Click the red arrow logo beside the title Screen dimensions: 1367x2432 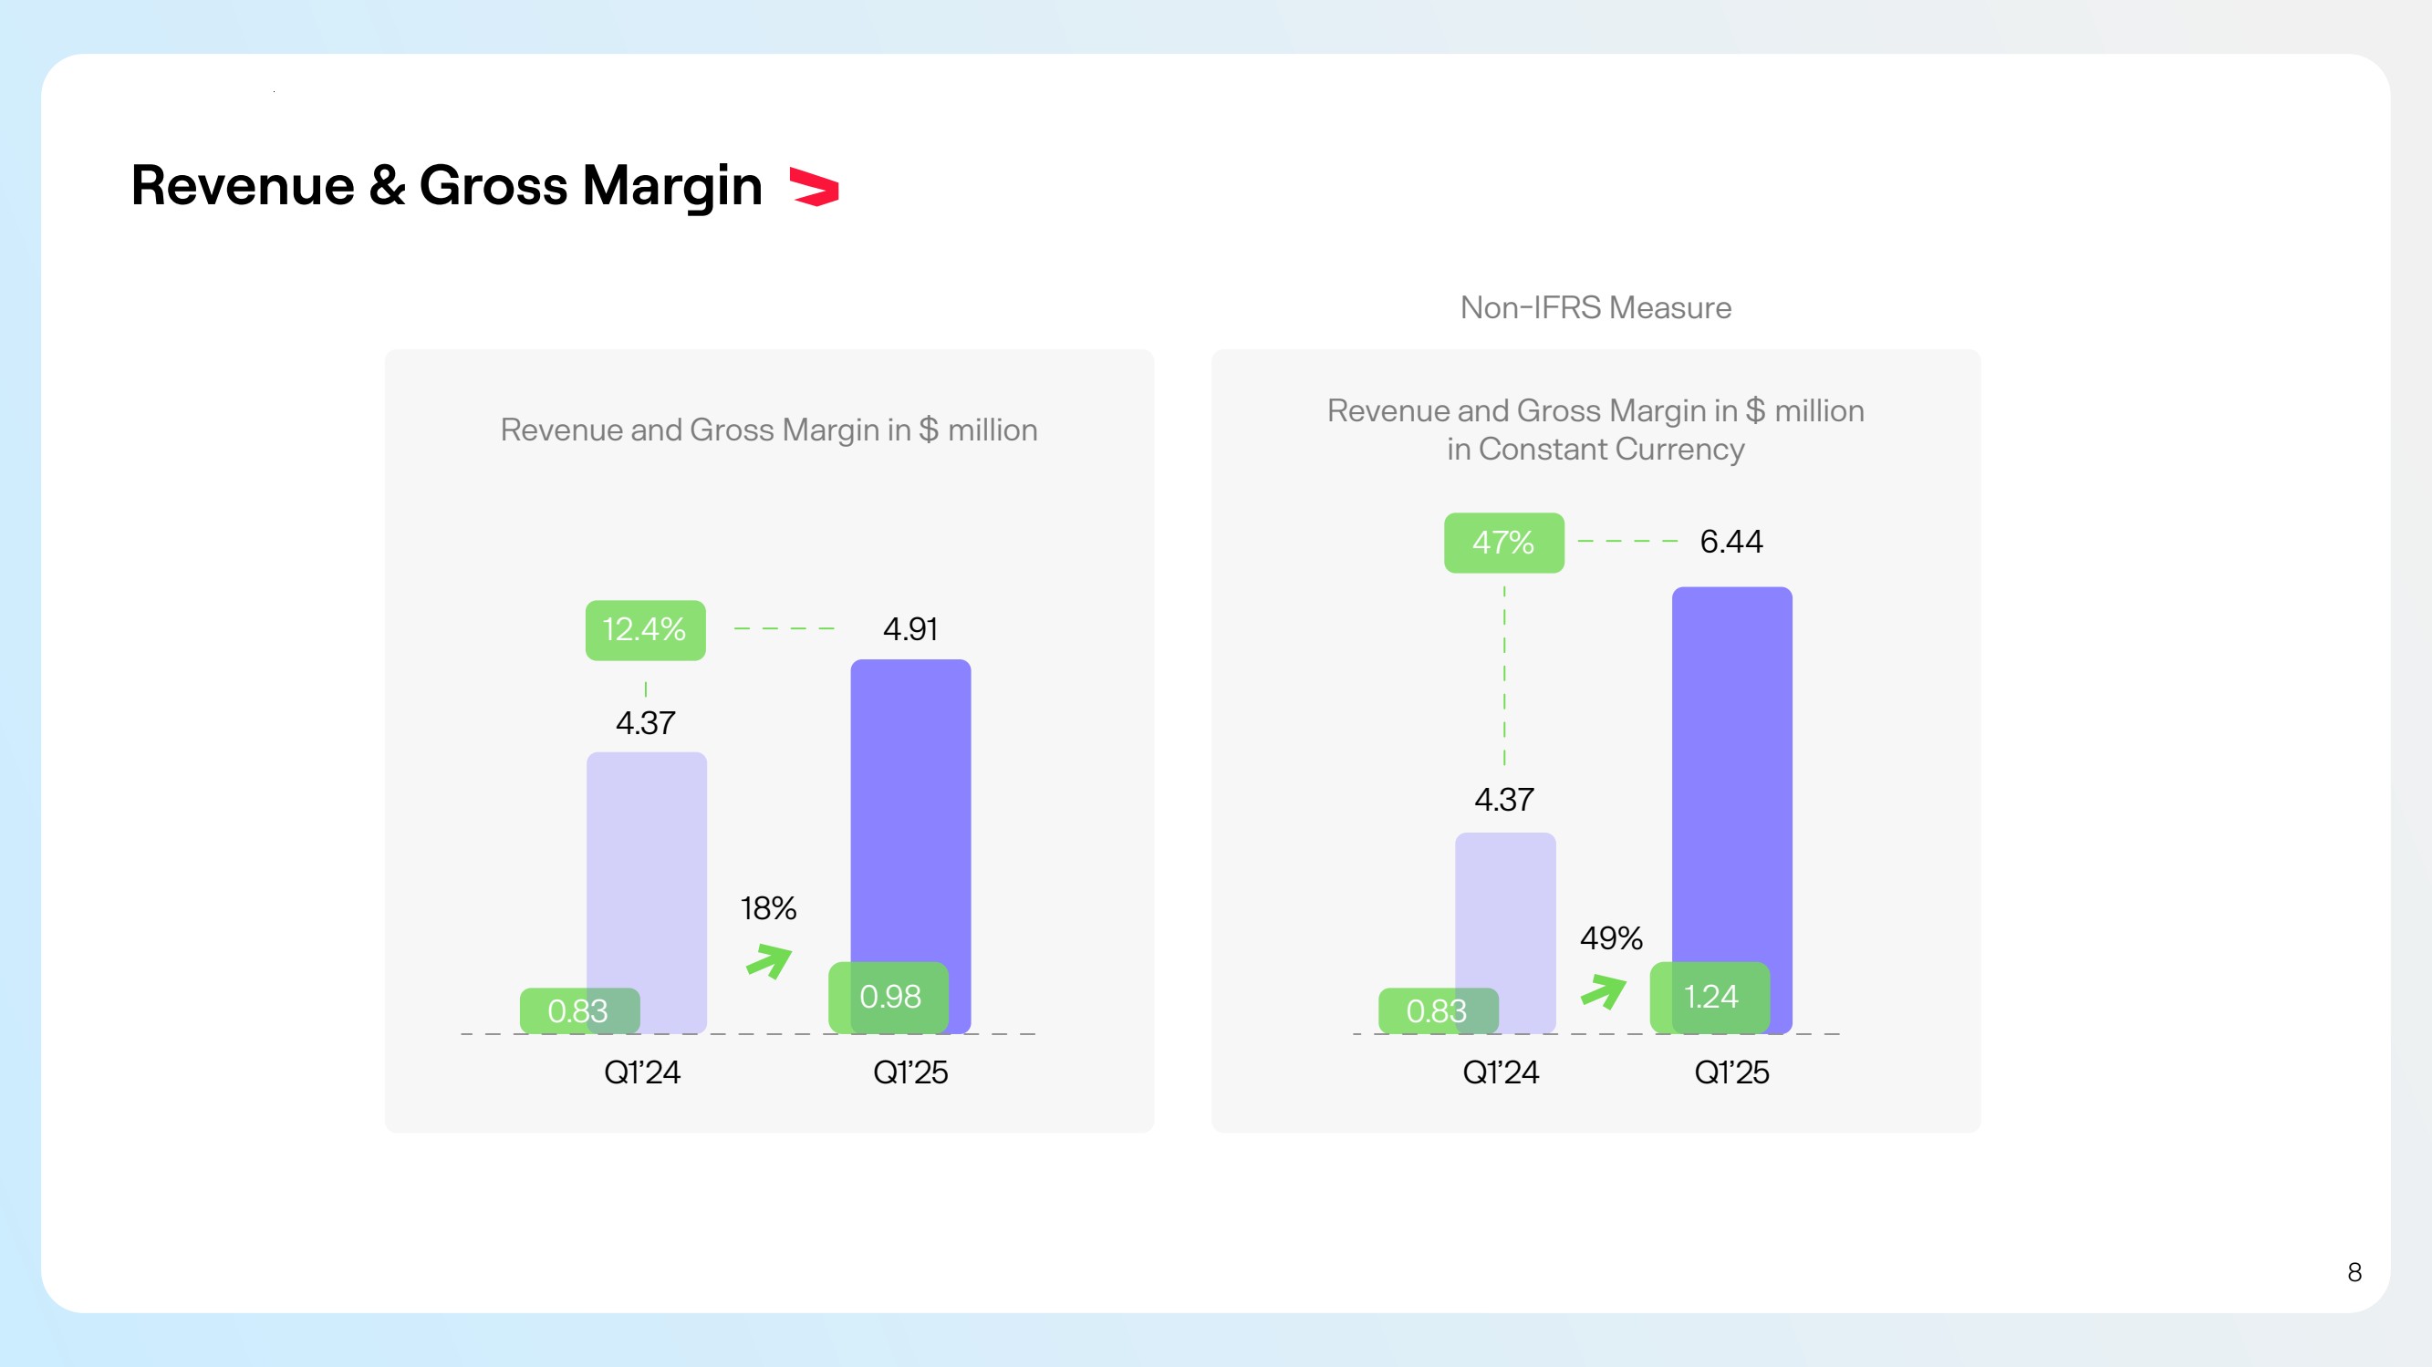coord(814,186)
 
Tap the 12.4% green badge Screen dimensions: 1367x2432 coord(645,629)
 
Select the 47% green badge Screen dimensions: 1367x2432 coord(1503,543)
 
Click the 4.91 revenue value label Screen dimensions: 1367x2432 coord(910,629)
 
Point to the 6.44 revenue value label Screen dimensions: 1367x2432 coord(1730,542)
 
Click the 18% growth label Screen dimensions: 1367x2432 coord(767,908)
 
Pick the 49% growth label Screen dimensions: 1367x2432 coord(1611,938)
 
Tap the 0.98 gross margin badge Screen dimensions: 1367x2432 coord(889,997)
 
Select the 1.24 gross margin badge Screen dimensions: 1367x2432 coord(1710,997)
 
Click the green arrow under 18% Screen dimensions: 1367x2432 coord(769,961)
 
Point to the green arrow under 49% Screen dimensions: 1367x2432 coord(1603,991)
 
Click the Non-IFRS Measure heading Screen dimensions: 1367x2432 coord(1595,307)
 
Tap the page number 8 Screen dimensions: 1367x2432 coord(2354,1272)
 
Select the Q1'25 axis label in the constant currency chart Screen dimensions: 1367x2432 coord(1731,1072)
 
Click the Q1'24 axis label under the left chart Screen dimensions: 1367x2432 coord(642,1072)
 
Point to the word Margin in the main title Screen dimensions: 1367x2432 coord(671,186)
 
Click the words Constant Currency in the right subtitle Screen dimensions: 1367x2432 coord(1611,450)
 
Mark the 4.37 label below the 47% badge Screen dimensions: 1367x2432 coord(1504,801)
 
